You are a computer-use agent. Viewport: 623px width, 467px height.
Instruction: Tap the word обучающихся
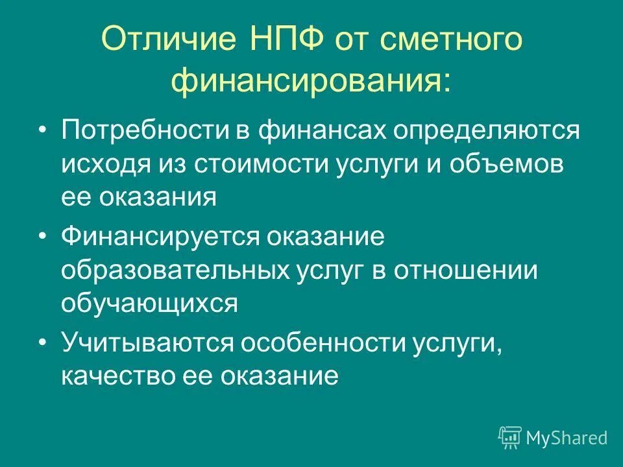pyautogui.click(x=151, y=304)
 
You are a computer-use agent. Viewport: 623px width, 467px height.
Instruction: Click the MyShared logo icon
pyautogui.click(x=509, y=438)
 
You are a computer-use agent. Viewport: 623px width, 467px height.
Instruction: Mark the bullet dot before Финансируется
pyautogui.click(x=42, y=236)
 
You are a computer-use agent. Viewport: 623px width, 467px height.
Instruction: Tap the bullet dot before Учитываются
pyautogui.click(x=42, y=342)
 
